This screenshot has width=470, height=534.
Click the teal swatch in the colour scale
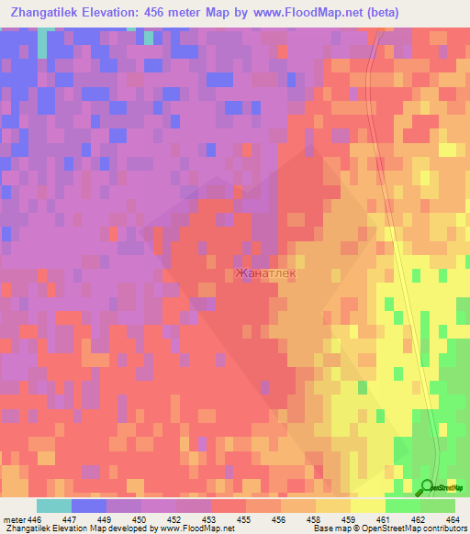coord(54,506)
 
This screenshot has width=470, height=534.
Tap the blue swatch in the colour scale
coord(89,506)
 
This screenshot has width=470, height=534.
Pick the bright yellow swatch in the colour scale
coord(368,506)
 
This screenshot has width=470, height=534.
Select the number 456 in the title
coord(170,13)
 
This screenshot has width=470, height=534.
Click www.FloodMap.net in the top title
coord(302,13)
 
